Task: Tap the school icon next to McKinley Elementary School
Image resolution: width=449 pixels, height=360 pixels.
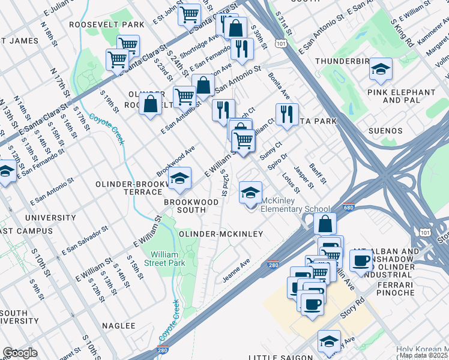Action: tap(250, 193)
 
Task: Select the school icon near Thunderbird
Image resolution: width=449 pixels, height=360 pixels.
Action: tap(380, 69)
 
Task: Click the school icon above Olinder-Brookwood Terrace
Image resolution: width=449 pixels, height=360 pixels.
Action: tap(179, 177)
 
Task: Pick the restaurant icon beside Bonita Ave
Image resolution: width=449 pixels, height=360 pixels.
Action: tap(287, 114)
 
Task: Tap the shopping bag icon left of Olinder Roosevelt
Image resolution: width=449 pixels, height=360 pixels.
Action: tap(150, 103)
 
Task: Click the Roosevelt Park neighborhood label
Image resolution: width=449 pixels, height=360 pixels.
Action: tap(107, 25)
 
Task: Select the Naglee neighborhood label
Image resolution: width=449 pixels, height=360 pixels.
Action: tap(118, 325)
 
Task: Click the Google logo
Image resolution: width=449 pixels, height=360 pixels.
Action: tap(20, 353)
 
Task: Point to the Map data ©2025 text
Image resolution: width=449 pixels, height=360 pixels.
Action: tap(424, 355)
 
